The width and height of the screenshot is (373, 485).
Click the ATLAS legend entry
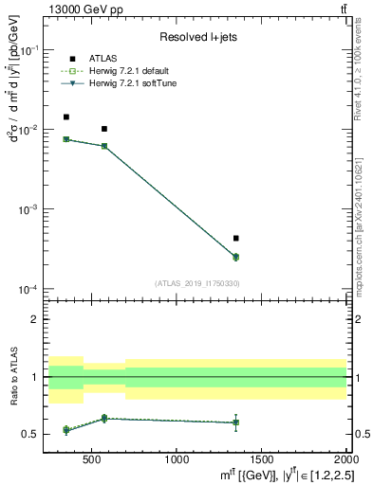(x=104, y=59)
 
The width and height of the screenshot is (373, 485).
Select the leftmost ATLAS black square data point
(x=65, y=117)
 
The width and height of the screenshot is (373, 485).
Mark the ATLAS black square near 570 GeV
(x=103, y=129)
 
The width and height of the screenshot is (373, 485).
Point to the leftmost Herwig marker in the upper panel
(x=65, y=139)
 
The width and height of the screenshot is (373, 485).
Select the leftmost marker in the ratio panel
(x=65, y=430)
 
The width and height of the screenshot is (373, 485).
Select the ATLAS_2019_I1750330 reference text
(x=196, y=282)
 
